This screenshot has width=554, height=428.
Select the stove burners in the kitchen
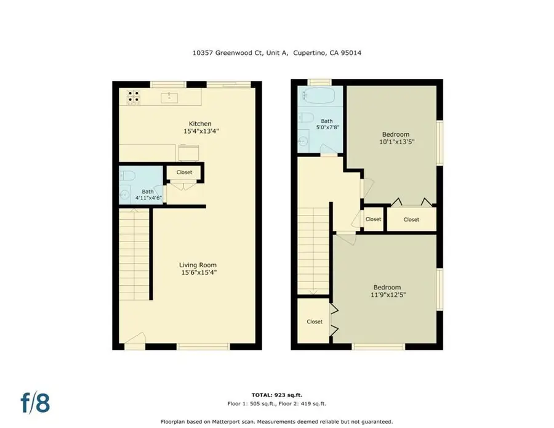click(134, 96)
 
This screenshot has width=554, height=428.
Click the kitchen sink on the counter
click(169, 97)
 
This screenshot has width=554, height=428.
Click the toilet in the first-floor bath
click(125, 174)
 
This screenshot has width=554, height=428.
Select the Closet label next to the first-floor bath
click(184, 172)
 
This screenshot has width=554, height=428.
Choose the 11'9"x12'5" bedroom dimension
click(387, 295)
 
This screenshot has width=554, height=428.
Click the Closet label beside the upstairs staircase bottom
click(315, 321)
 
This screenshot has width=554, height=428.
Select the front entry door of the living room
click(135, 341)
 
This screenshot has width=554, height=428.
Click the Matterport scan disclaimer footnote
click(276, 422)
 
